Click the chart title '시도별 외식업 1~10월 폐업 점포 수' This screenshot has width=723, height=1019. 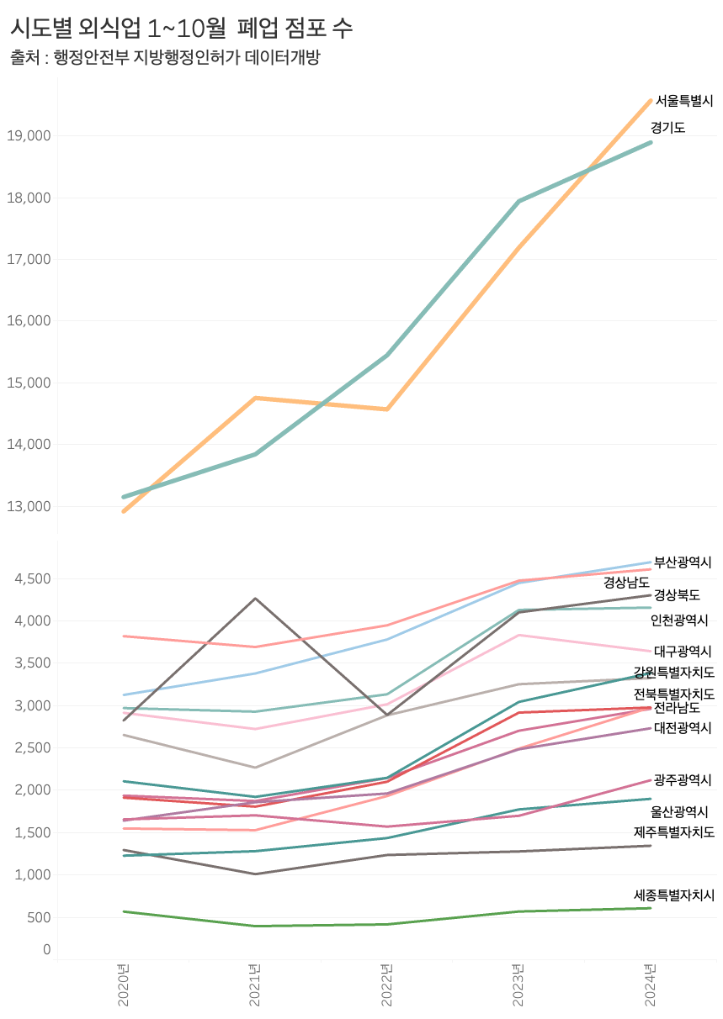point(181,28)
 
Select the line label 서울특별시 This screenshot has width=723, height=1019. point(683,101)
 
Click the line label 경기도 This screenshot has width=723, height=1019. point(667,128)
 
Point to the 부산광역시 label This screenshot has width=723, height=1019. point(683,562)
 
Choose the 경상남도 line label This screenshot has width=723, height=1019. point(626,582)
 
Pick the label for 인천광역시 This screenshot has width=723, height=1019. point(679,620)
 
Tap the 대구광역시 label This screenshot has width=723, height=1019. point(683,651)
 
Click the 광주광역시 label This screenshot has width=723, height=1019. point(683,780)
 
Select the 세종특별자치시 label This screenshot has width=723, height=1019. point(674,895)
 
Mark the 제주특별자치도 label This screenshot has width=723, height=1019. point(674,832)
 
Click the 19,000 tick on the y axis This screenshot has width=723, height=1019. point(29,136)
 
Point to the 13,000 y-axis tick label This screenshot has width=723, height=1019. point(29,507)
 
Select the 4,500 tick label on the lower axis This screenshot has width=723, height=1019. point(32,579)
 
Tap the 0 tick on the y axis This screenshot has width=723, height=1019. point(47,950)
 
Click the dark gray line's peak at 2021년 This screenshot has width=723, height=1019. point(255,599)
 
